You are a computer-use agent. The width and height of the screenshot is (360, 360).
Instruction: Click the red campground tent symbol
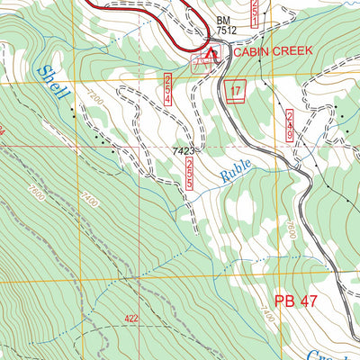(x=210, y=58)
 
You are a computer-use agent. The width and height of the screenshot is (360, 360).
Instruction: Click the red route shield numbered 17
(x=236, y=92)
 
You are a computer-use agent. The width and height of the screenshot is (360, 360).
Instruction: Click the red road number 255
(x=191, y=176)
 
